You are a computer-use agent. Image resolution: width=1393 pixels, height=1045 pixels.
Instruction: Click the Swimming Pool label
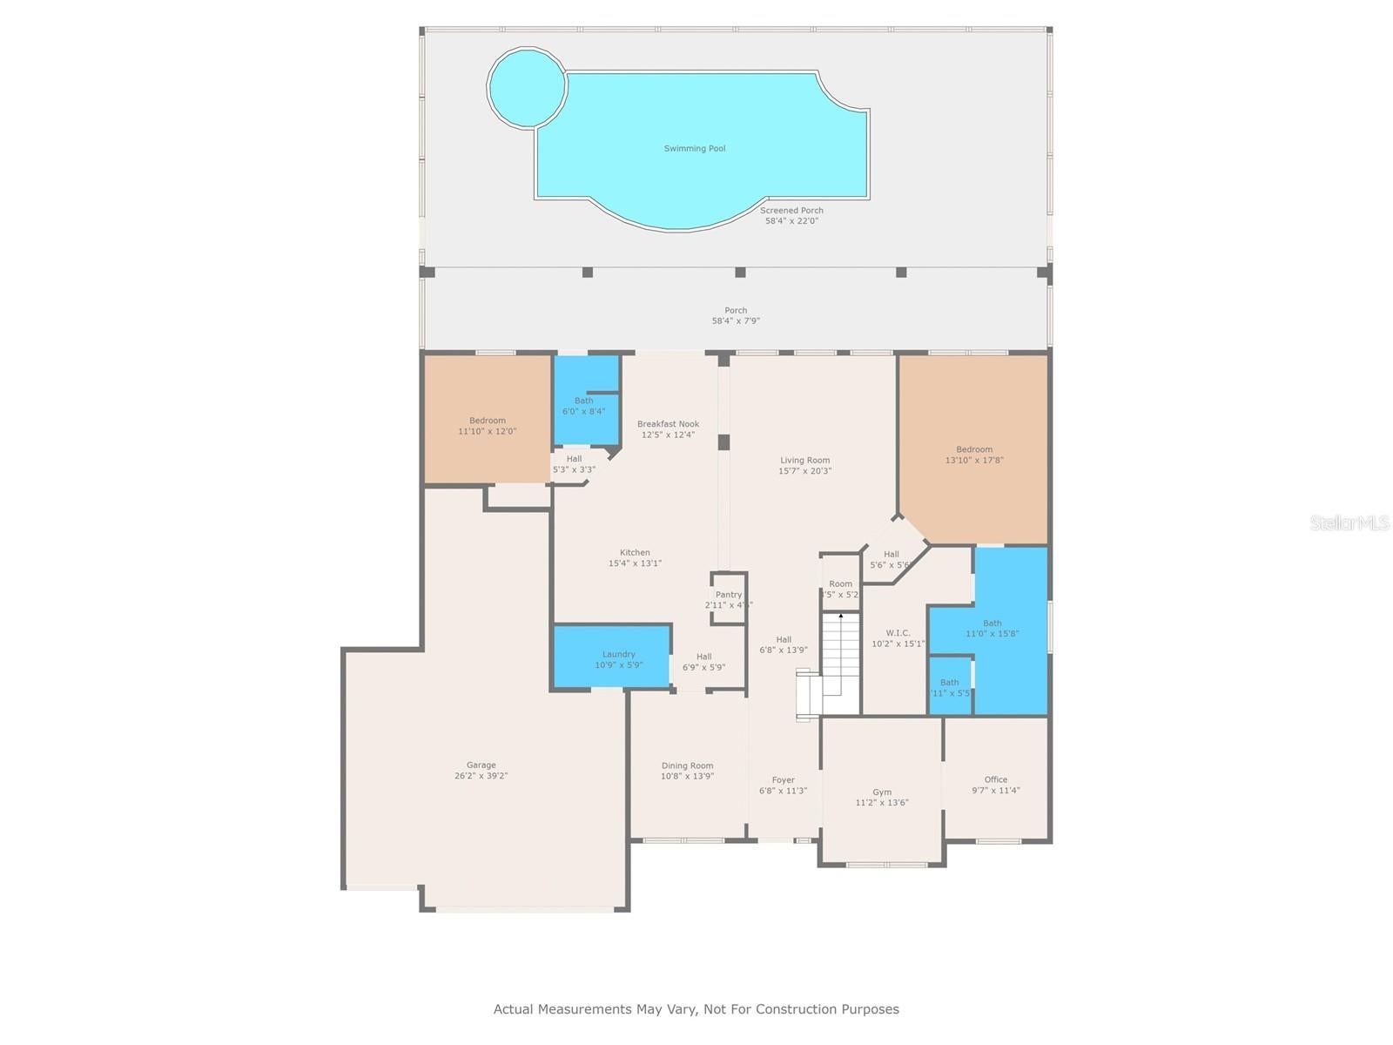(694, 149)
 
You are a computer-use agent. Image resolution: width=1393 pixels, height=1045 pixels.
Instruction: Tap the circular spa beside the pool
(525, 86)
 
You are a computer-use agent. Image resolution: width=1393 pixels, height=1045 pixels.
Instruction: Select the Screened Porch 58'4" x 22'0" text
(791, 216)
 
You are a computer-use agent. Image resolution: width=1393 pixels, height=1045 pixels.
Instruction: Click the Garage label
(481, 771)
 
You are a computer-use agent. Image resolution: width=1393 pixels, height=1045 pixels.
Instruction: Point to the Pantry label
(729, 600)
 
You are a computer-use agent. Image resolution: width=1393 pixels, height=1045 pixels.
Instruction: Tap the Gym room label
(882, 798)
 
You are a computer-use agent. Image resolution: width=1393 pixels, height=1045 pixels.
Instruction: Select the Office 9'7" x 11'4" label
(996, 785)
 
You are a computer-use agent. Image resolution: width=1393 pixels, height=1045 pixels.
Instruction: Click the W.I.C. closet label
(898, 638)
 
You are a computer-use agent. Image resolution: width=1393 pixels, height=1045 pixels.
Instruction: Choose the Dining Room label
(687, 771)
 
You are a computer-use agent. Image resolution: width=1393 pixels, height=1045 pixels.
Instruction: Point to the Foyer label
(783, 785)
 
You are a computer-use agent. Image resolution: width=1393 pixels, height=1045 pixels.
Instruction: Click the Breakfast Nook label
(668, 429)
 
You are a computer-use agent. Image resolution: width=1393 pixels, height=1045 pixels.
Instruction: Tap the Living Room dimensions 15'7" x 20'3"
(804, 471)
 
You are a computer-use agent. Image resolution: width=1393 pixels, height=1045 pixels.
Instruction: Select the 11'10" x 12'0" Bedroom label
(487, 426)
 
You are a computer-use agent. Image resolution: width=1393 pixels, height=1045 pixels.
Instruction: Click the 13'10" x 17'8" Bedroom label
(974, 455)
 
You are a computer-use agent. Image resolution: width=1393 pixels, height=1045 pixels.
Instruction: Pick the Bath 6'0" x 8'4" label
(583, 406)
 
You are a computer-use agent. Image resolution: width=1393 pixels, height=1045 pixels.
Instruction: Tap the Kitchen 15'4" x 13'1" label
(635, 558)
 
